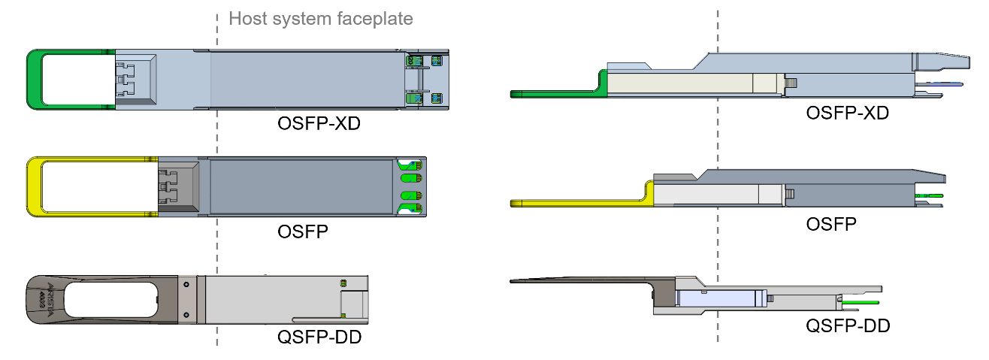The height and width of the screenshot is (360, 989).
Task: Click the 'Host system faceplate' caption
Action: click(321, 19)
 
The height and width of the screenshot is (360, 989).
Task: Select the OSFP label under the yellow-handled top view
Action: click(303, 231)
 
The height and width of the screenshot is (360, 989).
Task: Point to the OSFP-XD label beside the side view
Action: click(847, 114)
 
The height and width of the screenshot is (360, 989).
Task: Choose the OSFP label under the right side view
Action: click(830, 223)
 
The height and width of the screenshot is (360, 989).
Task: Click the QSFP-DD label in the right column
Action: click(848, 325)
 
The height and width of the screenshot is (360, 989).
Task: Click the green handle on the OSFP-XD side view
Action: click(556, 93)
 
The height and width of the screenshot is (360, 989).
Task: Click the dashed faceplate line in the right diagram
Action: click(718, 150)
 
